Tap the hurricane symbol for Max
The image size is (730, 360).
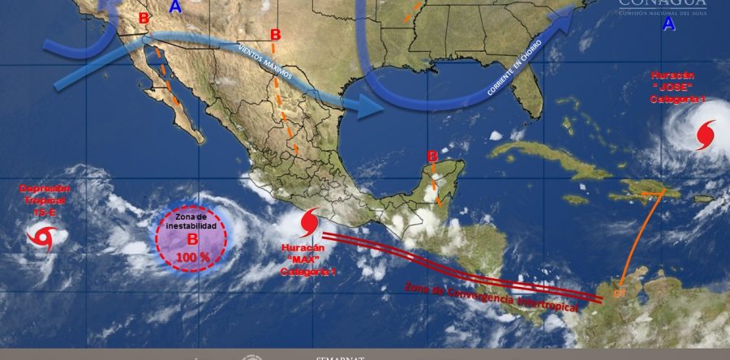pyautogui.click(x=310, y=221)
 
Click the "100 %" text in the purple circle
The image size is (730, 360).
pyautogui.click(x=191, y=256)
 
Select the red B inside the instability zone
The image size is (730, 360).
pyautogui.click(x=192, y=240)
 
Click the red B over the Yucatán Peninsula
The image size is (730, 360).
pyautogui.click(x=432, y=156)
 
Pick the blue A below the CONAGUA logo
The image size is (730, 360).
pyautogui.click(x=668, y=25)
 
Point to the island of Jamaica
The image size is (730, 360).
pyautogui.click(x=575, y=199)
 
